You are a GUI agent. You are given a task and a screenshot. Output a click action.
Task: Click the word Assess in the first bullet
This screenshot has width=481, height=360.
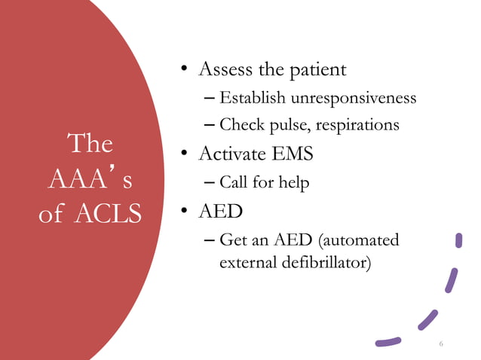coord(224,70)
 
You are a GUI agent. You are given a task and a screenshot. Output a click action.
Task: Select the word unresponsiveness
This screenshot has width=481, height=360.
coord(348,99)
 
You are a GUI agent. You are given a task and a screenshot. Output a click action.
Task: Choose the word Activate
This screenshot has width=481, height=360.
coord(232,154)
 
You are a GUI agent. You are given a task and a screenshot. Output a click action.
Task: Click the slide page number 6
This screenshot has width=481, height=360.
coord(441,344)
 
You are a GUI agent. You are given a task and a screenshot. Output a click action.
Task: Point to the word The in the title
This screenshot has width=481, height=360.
coord(90,143)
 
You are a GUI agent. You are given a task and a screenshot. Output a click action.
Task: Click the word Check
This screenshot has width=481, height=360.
coord(241,126)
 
